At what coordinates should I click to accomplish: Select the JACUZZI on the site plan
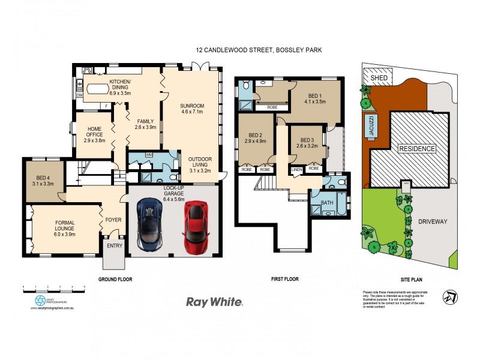click(369, 127)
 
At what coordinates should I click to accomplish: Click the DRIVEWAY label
click(433, 221)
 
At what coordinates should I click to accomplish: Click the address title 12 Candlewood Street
click(259, 51)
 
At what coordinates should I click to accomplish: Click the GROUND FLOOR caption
click(115, 279)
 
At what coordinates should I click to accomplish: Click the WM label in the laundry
click(148, 155)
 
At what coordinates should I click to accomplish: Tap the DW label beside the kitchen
click(79, 95)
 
